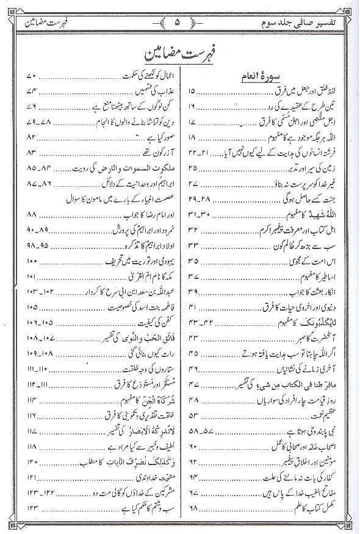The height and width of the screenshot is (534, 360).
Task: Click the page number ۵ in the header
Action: (179, 25)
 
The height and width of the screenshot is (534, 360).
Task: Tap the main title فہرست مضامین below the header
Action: (179, 58)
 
